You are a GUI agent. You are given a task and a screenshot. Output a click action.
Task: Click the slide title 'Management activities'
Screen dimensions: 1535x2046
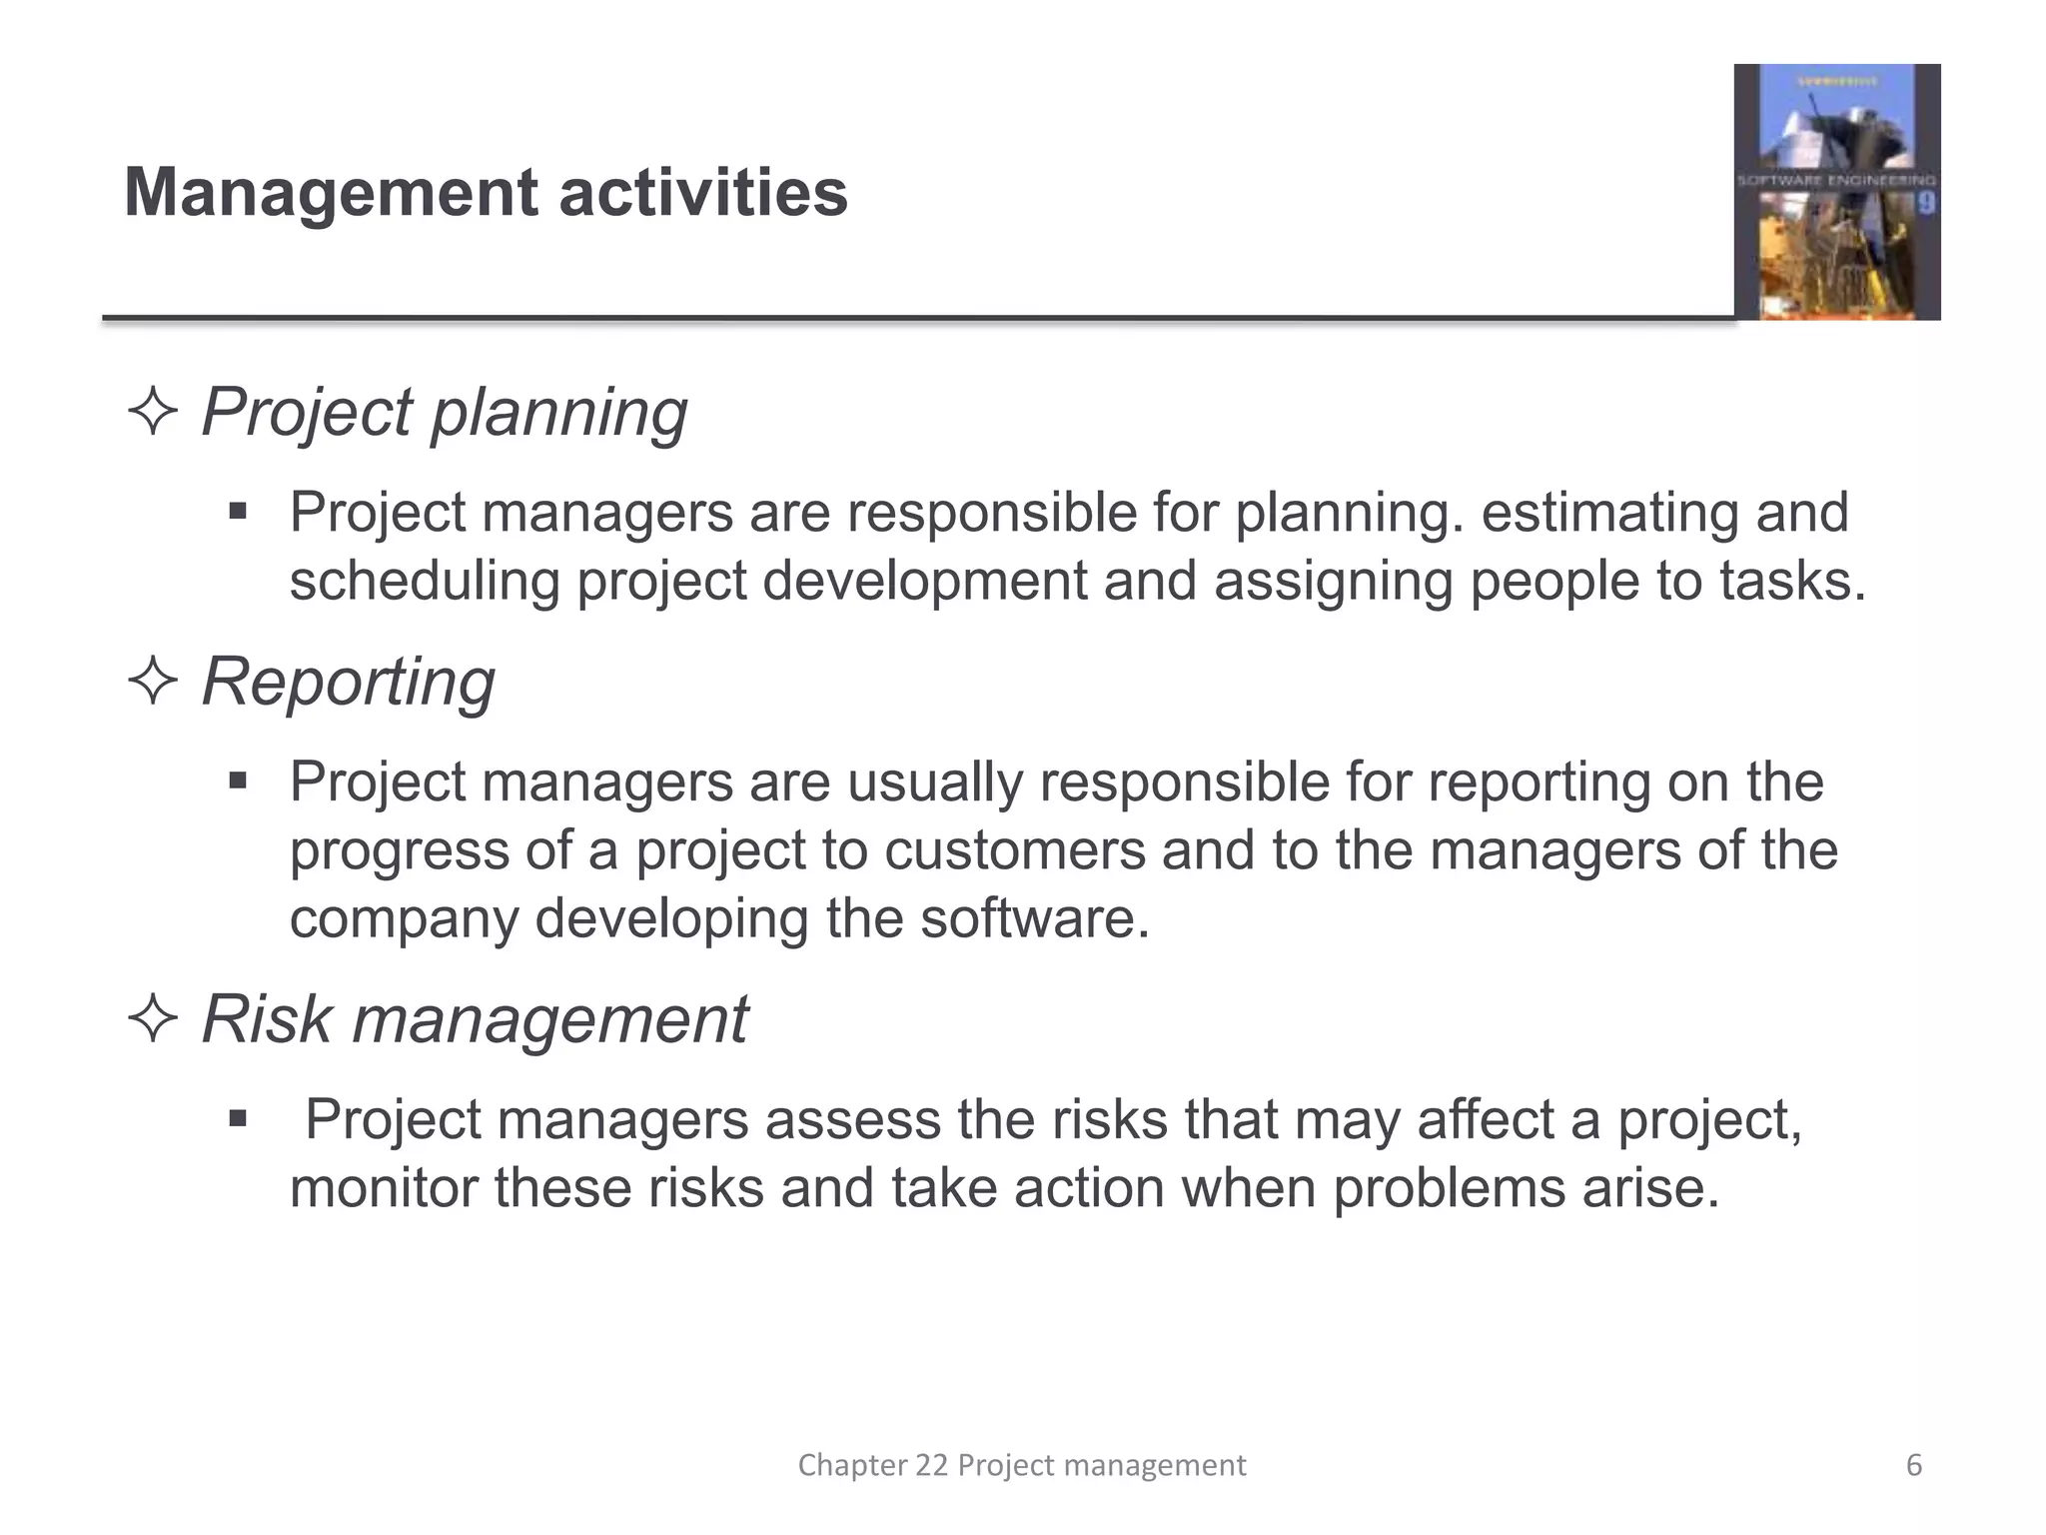coord(486,192)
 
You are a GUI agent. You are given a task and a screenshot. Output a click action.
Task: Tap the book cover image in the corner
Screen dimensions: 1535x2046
coord(1836,192)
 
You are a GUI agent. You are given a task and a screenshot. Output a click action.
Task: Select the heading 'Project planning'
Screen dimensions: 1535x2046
coord(444,412)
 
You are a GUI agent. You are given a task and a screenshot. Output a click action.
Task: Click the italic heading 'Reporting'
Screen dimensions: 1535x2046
coord(348,682)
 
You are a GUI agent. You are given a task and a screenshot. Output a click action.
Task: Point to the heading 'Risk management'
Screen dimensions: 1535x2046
coord(475,1019)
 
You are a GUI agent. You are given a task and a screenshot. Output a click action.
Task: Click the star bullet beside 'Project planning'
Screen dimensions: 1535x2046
coord(153,412)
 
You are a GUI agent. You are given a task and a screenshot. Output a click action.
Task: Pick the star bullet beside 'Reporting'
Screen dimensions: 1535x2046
coord(153,682)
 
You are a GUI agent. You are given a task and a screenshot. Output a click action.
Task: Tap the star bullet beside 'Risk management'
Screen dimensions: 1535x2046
coord(153,1019)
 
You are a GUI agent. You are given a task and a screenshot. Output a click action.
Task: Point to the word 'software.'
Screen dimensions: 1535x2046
coord(1035,918)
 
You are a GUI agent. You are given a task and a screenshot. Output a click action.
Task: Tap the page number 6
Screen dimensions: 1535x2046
coord(1914,1465)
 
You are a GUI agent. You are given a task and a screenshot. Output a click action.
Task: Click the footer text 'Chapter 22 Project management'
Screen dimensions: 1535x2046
coord(1021,1465)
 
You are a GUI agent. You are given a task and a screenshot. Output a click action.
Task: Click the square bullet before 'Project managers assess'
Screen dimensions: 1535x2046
coord(237,1118)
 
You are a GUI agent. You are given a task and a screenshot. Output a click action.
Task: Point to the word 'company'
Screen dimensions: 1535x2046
coord(404,920)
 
